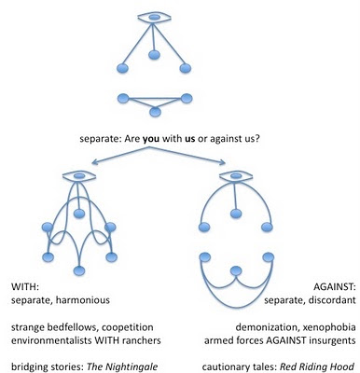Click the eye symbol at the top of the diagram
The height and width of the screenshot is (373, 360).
[x=154, y=18]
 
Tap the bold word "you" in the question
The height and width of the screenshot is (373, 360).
[x=151, y=139]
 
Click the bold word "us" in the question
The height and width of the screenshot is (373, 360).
[x=189, y=139]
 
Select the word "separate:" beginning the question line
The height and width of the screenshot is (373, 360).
[x=101, y=139]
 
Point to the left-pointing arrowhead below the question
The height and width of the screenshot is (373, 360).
[x=94, y=162]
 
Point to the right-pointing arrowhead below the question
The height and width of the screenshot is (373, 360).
[x=223, y=162]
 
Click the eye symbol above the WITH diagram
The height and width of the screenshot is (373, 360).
[x=79, y=176]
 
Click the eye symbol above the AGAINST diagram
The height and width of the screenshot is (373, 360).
[x=236, y=176]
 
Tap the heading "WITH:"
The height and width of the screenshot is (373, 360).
[x=24, y=287]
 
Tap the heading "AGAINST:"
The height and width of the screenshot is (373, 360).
[x=334, y=287]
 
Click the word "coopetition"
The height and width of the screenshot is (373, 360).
[x=128, y=327]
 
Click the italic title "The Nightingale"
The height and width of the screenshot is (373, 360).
[x=122, y=367]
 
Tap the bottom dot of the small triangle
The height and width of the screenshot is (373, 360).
[x=155, y=112]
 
